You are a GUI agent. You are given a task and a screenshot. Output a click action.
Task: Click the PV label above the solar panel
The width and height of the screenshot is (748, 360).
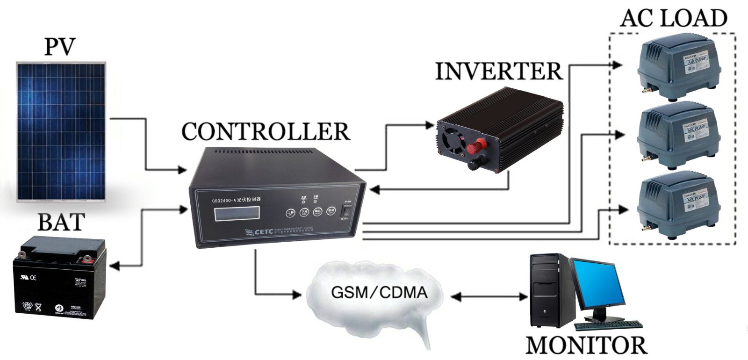point(59,47)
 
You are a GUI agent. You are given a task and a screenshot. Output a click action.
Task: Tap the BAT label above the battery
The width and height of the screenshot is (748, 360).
point(61,222)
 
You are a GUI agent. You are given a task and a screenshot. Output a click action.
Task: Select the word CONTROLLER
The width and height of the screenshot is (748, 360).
point(266,132)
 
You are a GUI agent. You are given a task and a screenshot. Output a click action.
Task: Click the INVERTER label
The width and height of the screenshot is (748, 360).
point(499,71)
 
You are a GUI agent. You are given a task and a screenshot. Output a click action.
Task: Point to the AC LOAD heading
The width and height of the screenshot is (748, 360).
point(674,18)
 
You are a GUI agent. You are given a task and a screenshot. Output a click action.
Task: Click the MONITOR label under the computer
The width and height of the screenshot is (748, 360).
point(586,345)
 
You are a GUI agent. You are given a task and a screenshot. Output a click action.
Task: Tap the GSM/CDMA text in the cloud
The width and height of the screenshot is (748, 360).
point(379,293)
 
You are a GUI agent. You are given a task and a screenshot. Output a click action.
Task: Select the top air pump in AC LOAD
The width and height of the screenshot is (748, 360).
point(676,68)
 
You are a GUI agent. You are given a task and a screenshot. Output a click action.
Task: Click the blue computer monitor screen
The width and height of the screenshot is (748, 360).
point(598,285)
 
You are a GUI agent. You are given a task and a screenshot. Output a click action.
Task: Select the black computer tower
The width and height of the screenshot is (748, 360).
point(548,290)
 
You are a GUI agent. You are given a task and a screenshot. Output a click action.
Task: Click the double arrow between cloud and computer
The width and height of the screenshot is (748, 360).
point(490,296)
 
